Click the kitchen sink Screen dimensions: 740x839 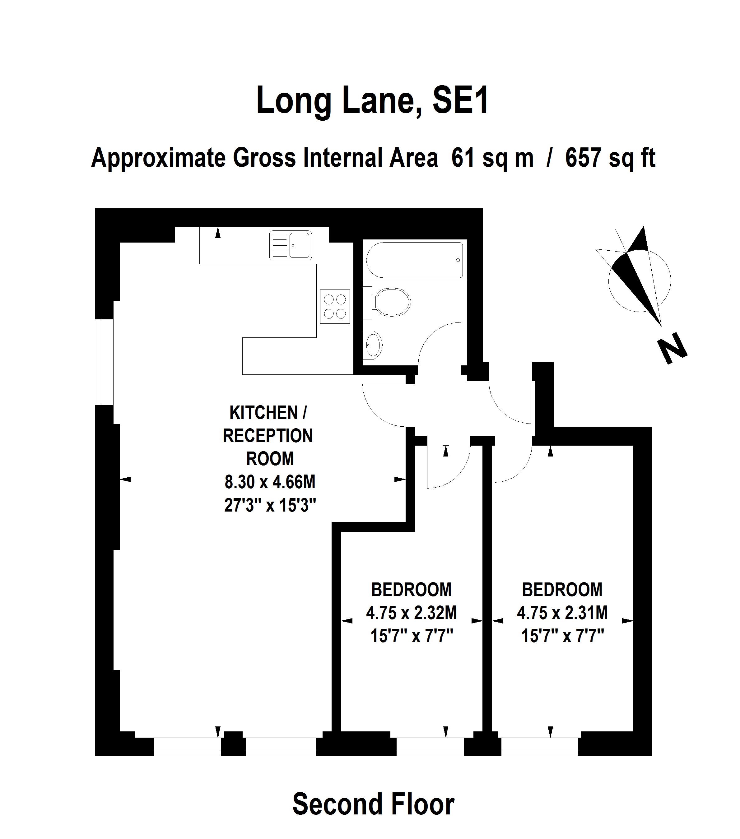click(290, 245)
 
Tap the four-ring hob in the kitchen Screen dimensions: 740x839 click(335, 306)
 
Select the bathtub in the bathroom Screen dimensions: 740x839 click(414, 260)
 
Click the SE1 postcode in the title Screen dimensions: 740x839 click(460, 100)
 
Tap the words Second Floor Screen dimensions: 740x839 click(373, 804)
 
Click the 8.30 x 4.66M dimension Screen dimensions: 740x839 click(270, 481)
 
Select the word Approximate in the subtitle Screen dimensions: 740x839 click(159, 159)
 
